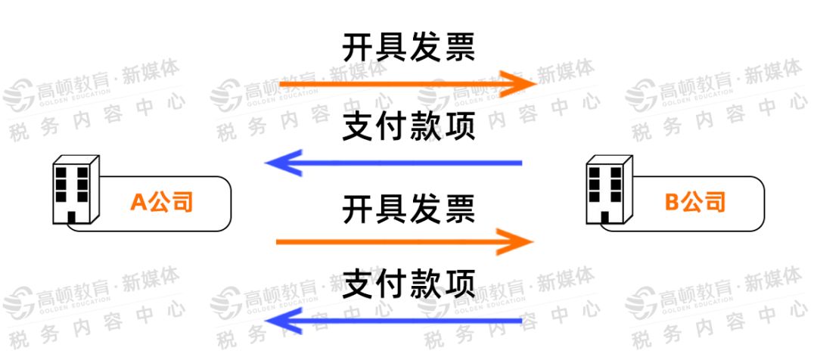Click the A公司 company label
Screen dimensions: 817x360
coord(161,202)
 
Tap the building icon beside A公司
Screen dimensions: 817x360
coord(74,191)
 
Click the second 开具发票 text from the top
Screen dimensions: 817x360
coord(408,208)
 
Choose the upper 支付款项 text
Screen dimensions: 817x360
coord(408,127)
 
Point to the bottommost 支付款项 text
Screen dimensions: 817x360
coord(408,285)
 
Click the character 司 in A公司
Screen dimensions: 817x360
coord(182,202)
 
